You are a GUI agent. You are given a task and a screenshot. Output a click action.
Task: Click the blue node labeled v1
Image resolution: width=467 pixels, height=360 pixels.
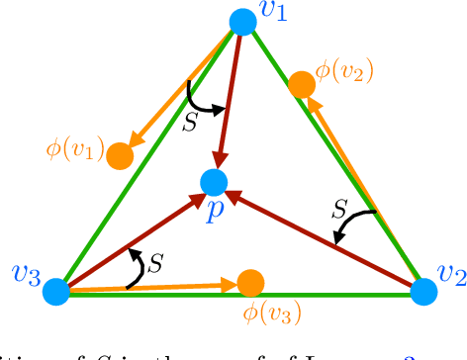tap(241, 22)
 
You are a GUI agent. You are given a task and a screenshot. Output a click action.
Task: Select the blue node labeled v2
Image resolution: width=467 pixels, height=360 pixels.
tap(423, 291)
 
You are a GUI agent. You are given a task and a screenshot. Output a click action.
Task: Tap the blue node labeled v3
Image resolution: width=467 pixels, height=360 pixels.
tap(56, 291)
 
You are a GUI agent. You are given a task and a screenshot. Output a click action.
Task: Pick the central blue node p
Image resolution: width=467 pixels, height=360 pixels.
tap(214, 181)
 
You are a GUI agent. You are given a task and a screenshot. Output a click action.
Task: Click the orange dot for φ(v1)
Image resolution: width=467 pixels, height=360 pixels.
tap(120, 155)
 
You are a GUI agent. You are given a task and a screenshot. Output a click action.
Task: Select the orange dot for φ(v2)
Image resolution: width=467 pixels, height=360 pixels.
tap(302, 86)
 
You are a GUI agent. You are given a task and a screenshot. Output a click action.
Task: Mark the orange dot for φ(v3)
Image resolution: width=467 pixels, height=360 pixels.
tap(248, 283)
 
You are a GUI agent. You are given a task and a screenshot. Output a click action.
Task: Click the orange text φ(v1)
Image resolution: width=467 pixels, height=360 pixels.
tap(74, 150)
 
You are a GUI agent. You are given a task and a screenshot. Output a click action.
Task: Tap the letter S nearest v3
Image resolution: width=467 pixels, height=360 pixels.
tap(154, 263)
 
